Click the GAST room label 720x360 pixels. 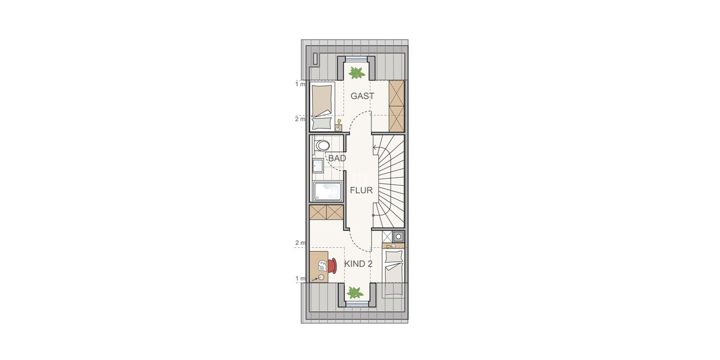[x=362, y=96]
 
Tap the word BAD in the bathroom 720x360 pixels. [x=337, y=158]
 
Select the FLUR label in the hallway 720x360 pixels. [x=362, y=191]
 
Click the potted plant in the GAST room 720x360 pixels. [x=356, y=73]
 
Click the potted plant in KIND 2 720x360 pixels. [x=355, y=293]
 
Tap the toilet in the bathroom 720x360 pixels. [x=322, y=145]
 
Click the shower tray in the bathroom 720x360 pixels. [x=326, y=191]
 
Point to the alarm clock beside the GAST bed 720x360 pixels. [x=338, y=127]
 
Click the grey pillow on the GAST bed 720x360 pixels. [x=322, y=123]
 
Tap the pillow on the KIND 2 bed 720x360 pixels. [x=394, y=257]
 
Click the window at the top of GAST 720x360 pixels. [x=356, y=58]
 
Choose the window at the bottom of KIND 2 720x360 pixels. [x=356, y=304]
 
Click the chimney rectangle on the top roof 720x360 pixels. [x=316, y=58]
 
